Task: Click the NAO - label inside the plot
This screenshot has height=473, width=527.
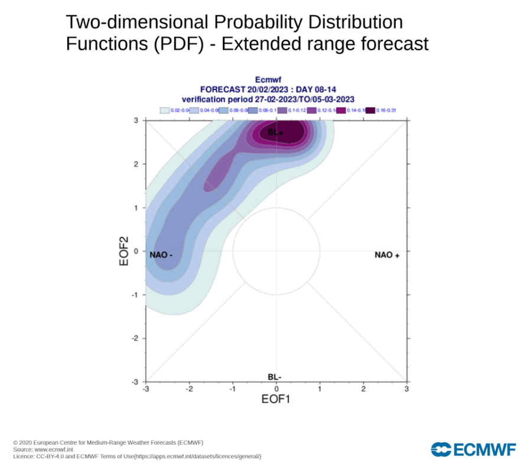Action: click(x=161, y=255)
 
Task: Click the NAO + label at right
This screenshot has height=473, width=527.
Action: click(x=388, y=255)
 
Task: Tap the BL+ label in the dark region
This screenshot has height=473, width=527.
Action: click(x=275, y=132)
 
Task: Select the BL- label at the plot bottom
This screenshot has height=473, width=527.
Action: click(x=274, y=377)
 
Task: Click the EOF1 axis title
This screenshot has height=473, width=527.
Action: click(x=276, y=399)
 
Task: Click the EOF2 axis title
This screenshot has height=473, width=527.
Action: click(x=125, y=251)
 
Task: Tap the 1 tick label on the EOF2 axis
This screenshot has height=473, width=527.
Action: click(x=136, y=208)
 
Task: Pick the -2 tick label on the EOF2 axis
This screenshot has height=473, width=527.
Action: click(x=135, y=338)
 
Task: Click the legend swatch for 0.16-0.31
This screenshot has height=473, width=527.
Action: click(x=370, y=110)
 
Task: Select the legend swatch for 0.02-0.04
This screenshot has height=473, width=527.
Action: click(x=165, y=110)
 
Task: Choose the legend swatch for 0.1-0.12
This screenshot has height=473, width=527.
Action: click(x=282, y=110)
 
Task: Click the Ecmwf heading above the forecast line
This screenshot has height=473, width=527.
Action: click(x=266, y=80)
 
